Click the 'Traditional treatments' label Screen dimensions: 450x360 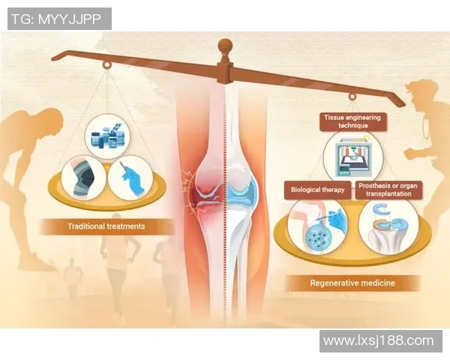pos(106,226)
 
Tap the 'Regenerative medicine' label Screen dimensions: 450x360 pos(352,283)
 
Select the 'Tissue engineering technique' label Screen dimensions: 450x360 pos(352,121)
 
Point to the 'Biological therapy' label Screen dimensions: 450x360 pos(317,190)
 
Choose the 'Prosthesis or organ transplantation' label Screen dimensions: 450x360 pos(388,190)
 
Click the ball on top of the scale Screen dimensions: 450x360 pos(225,46)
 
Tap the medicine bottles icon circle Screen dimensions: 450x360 pos(107,136)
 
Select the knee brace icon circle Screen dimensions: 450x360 pos(84,179)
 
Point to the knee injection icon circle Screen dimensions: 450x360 pos(318,226)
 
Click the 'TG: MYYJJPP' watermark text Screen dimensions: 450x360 pos(56,19)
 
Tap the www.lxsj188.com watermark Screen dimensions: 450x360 pos(379,340)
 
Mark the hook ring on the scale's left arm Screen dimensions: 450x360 pos(107,65)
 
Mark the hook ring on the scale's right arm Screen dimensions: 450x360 pos(352,97)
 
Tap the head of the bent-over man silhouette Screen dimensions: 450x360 pos(52,121)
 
